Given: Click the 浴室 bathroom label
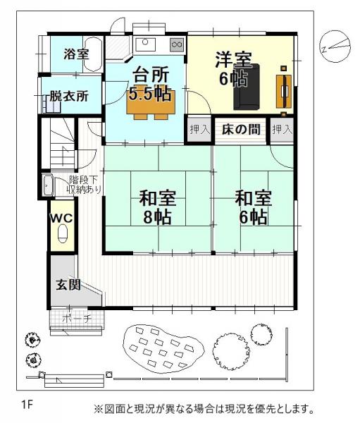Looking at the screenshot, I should coord(75,54).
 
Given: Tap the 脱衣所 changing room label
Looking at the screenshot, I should coord(68,97).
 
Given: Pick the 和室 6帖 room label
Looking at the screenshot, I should coord(252,207).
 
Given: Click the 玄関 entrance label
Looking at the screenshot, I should coord(68,285).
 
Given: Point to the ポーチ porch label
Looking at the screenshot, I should coord(77,318).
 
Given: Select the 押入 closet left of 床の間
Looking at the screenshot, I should coord(199,130).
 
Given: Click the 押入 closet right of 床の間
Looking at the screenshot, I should coord(282,130).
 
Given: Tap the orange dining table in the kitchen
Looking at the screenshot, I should coord(149,104).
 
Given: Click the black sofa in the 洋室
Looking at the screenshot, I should coord(247,87).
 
